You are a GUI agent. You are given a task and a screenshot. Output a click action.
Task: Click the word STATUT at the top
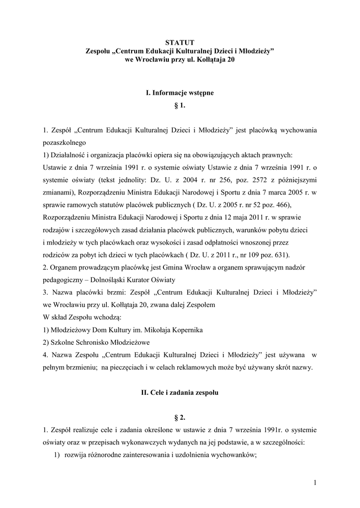pyautogui.click(x=179, y=43)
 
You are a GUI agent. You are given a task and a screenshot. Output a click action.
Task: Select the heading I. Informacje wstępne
pyautogui.click(x=179, y=93)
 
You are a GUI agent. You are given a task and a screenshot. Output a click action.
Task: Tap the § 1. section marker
pyautogui.click(x=180, y=106)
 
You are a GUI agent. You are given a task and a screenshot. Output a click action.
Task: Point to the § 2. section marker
pyautogui.click(x=180, y=418)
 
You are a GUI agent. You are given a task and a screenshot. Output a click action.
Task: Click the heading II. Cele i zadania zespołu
pyautogui.click(x=179, y=392)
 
